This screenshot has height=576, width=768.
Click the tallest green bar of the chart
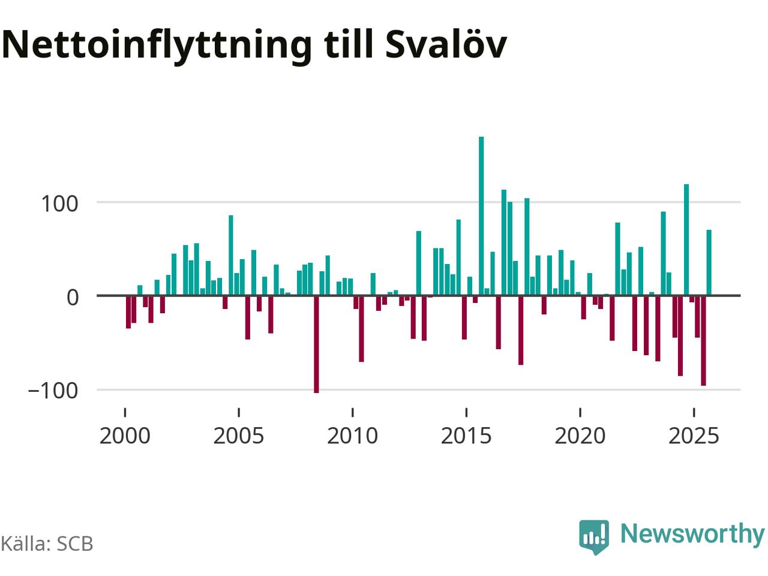point(481,216)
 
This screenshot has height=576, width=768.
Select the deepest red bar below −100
point(316,344)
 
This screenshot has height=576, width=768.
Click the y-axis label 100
point(60,203)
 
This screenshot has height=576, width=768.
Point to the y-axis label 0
point(73,297)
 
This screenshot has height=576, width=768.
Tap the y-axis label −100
point(53,391)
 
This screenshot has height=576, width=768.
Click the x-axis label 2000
point(125,436)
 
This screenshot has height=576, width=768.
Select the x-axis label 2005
point(239,436)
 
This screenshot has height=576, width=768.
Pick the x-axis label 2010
point(352,436)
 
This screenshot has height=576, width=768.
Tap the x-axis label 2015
point(466,436)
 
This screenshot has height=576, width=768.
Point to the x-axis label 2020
point(580,436)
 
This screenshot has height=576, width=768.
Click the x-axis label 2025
point(694,436)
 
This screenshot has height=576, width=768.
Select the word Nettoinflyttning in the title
point(157,44)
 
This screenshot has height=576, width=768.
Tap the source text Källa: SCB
point(47,544)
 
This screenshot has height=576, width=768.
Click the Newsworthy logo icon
point(593,535)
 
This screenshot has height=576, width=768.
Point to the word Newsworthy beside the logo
point(692,533)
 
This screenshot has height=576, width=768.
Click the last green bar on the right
point(709,263)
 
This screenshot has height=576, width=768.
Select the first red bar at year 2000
point(128,312)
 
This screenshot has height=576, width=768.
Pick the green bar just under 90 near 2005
point(230,255)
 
